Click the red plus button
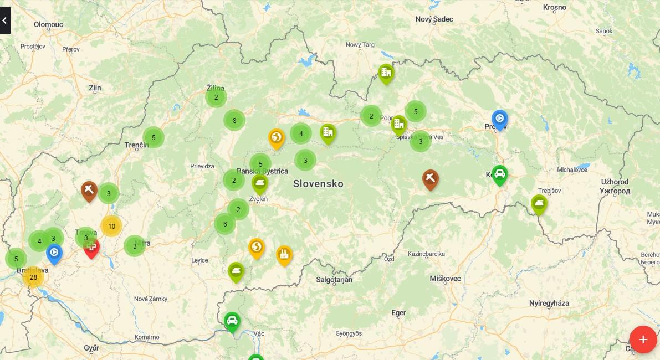pos(643,340)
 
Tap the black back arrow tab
pos(5,21)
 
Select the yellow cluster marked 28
pos(33,277)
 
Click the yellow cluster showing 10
pos(111,226)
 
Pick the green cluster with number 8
pos(234,120)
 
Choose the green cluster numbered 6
pos(225,224)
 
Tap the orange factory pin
pos(284,254)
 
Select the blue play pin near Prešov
pos(499,119)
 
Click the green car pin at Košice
pos(499,174)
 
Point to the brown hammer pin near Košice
pos(430,178)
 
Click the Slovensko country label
pos(318,183)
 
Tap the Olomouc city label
pos(49,24)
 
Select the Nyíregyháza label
pos(549,303)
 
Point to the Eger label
pos(398,313)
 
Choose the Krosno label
pos(554,7)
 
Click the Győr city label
pos(91,348)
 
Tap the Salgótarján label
pos(334,280)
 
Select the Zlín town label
pos(95,88)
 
